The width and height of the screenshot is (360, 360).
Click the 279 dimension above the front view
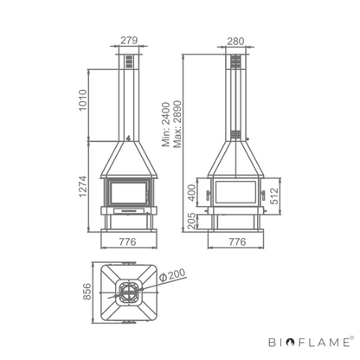129,40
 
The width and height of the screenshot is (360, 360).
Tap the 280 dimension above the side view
235,42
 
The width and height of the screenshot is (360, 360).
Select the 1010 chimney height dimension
83,100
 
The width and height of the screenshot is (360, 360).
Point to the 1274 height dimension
83,186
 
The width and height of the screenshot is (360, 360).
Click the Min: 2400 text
166,125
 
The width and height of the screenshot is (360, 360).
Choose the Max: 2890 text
177,125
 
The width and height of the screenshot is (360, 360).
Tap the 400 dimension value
191,193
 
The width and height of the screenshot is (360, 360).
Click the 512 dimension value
274,196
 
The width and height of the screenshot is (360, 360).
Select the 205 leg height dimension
191,222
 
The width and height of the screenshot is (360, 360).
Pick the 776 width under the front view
127,241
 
